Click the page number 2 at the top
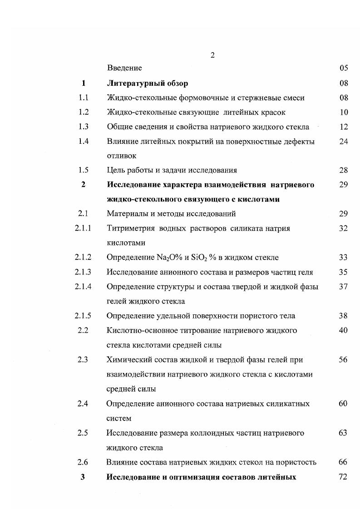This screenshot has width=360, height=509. click(212, 55)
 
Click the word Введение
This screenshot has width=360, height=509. click(124, 68)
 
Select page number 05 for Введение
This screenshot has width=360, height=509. click(343, 68)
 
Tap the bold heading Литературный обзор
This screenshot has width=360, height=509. click(148, 83)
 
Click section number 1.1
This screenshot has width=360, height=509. click(83, 98)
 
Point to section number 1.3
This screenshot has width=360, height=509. click(83, 127)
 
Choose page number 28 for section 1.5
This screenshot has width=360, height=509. click(343, 170)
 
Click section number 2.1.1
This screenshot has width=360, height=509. click(83, 228)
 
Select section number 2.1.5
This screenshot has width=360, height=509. click(83, 316)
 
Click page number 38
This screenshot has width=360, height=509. click(343, 316)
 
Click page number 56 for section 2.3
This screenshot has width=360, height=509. click(343, 360)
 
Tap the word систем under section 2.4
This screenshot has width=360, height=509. click(118, 418)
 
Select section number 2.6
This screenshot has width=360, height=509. click(83, 462)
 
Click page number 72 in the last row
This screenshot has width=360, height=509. click(343, 477)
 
